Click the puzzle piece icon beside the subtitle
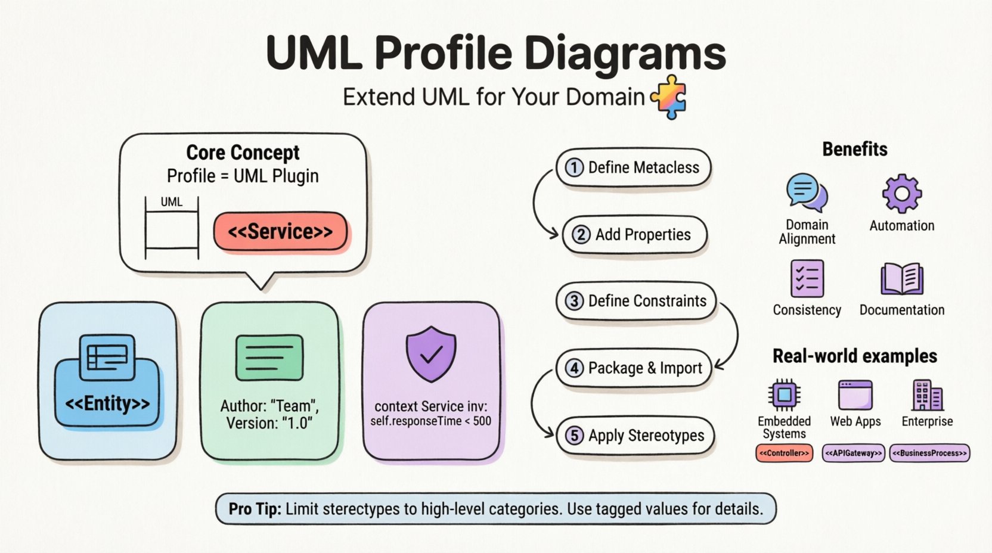pyautogui.click(x=669, y=97)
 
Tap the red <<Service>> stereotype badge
pyautogui.click(x=280, y=231)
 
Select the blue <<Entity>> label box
pyautogui.click(x=107, y=403)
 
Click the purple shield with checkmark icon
pyautogui.click(x=430, y=353)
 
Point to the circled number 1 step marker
pyautogui.click(x=574, y=167)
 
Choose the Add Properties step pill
pyautogui.click(x=634, y=235)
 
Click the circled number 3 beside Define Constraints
pyautogui.click(x=574, y=301)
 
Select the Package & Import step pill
pyautogui.click(x=634, y=368)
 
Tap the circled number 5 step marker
pyautogui.click(x=574, y=436)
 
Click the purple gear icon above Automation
pyautogui.click(x=901, y=193)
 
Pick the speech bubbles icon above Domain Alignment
pyautogui.click(x=807, y=192)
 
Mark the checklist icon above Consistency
pyautogui.click(x=807, y=278)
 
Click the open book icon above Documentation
pyautogui.click(x=901, y=279)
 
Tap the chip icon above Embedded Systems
pyautogui.click(x=784, y=394)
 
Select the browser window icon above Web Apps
pyautogui.click(x=855, y=394)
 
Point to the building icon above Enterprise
pyautogui.click(x=927, y=394)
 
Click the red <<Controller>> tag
pyautogui.click(x=784, y=453)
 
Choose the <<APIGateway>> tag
pyautogui.click(x=854, y=453)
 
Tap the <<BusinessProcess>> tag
pyautogui.click(x=929, y=453)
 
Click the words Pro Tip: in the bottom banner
pyautogui.click(x=255, y=509)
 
